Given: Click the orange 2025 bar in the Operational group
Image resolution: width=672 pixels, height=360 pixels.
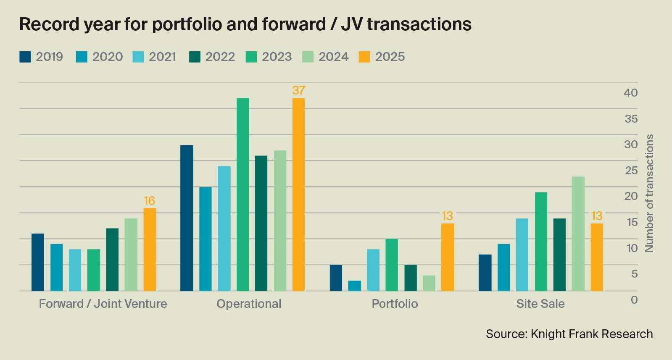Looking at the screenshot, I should (x=298, y=194).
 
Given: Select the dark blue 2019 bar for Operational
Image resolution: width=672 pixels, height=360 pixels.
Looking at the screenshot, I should (x=187, y=218).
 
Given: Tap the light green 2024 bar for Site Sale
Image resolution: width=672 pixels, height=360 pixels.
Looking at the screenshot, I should (x=578, y=234).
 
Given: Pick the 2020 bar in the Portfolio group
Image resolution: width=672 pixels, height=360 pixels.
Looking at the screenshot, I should (x=354, y=286).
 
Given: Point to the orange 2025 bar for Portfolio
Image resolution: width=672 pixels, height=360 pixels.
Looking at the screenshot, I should (x=448, y=257).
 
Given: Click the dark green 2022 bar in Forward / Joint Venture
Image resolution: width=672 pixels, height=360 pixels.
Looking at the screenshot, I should (x=112, y=260).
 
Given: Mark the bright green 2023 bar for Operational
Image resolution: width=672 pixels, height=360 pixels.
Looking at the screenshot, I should (x=242, y=194).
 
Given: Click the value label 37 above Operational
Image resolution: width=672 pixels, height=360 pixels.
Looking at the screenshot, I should (x=298, y=90).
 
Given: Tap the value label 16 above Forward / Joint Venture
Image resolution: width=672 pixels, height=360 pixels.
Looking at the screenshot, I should (x=149, y=201).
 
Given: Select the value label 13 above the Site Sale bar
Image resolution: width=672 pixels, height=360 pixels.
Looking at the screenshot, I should (x=596, y=216).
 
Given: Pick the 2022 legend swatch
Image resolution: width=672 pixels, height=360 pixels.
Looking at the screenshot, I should (x=195, y=57).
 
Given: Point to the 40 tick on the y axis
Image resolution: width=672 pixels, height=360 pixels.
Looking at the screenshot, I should (x=630, y=93).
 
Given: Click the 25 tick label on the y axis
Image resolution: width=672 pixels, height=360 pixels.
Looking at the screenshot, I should (x=630, y=171).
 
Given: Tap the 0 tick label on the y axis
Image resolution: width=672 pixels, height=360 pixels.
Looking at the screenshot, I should (x=634, y=300).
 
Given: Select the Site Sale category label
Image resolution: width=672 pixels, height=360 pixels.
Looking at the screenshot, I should (x=540, y=304).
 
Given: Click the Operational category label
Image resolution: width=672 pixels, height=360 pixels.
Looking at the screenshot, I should (x=249, y=304).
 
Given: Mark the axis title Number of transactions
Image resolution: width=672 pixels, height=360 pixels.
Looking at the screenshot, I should (x=649, y=193).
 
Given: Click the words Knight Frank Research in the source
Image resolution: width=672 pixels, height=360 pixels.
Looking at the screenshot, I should (x=592, y=334).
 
